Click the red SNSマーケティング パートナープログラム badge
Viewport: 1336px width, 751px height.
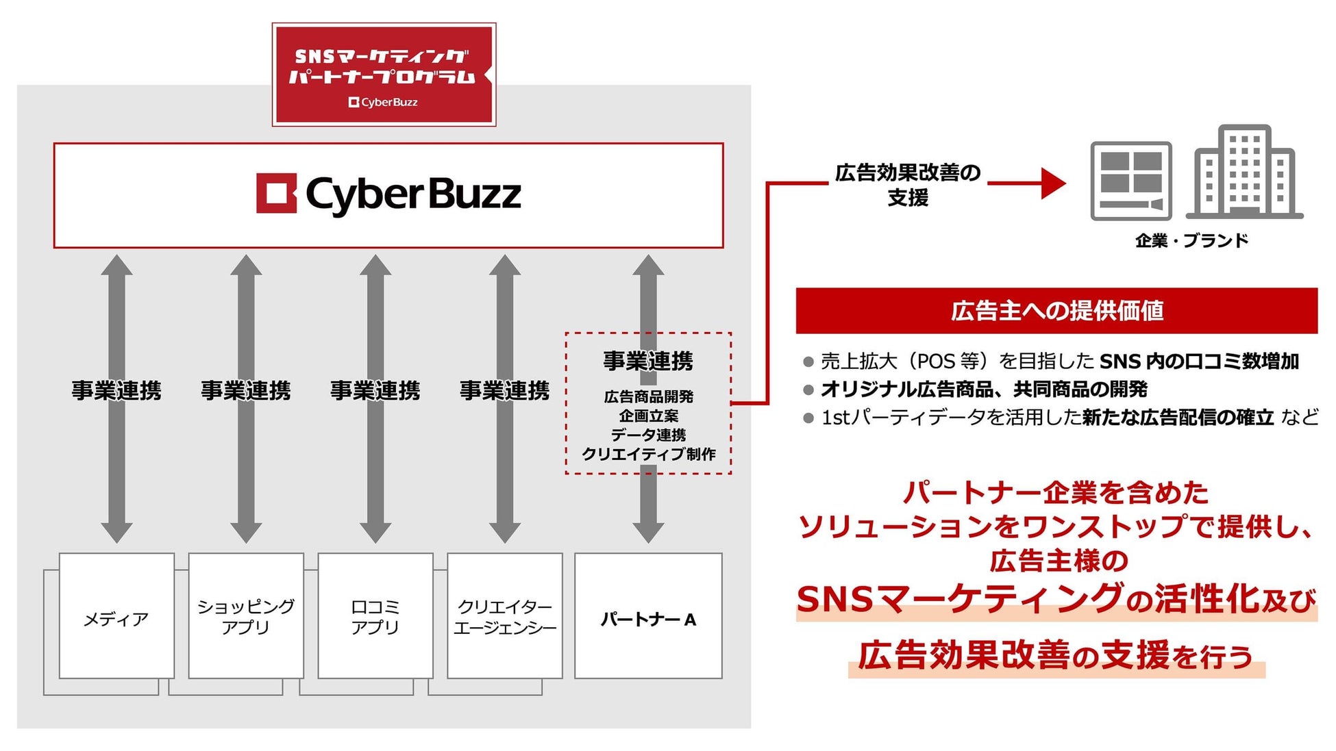click(x=384, y=74)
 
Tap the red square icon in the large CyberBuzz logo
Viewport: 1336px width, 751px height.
click(x=276, y=193)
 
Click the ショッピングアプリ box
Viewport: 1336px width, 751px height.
click(x=246, y=616)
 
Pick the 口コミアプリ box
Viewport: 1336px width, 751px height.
click(x=375, y=616)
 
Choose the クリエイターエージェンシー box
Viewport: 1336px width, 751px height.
click(x=505, y=616)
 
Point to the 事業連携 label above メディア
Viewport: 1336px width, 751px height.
click(x=116, y=390)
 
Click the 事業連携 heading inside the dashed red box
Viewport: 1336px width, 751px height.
click(x=648, y=361)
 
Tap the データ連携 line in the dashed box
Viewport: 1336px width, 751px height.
click(x=648, y=435)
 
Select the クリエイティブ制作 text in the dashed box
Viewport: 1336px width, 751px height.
click(x=648, y=454)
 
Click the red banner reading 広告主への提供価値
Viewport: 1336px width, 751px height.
click(x=1056, y=311)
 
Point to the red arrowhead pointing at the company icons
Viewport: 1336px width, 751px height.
click(x=1052, y=183)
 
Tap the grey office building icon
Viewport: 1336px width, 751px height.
click(x=1244, y=173)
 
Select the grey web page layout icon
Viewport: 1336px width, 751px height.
click(x=1131, y=181)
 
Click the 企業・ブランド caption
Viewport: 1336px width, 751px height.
click(x=1191, y=240)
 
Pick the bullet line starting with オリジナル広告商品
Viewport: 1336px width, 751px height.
click(x=983, y=390)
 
